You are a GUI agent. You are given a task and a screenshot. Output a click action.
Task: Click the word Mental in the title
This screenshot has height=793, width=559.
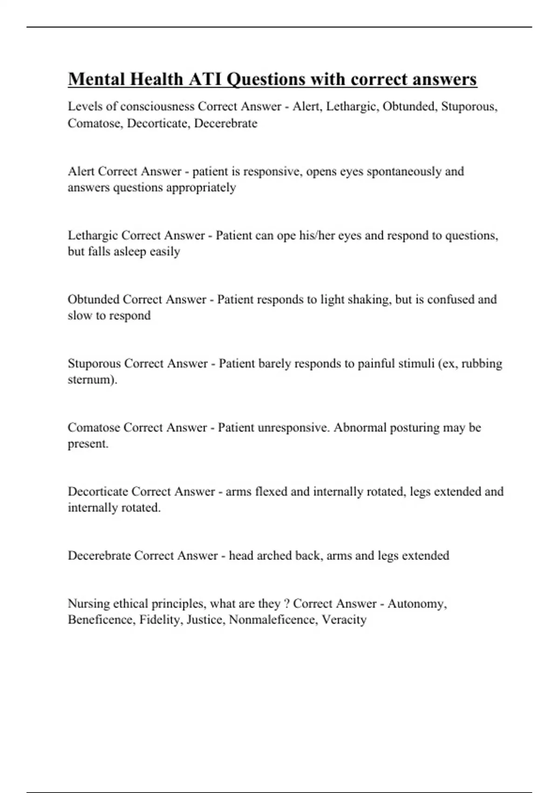96,79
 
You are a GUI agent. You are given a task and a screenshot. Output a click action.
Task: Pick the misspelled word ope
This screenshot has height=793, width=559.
286,236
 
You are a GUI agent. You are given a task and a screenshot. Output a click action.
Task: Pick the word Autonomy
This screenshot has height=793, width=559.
416,604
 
